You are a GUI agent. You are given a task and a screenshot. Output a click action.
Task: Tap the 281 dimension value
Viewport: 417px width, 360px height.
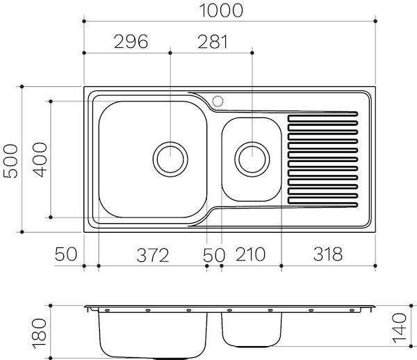click(x=213, y=42)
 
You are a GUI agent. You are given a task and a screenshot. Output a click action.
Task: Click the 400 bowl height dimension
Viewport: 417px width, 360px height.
click(x=40, y=159)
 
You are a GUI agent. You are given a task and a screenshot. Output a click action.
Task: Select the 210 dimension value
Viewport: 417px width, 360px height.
click(x=250, y=254)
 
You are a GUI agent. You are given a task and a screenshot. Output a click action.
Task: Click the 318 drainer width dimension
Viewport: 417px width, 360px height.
click(x=327, y=254)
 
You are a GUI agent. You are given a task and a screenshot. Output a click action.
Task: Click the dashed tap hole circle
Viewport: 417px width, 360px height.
click(x=218, y=101)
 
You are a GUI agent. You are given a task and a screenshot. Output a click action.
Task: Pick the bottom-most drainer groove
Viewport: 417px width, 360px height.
click(x=323, y=202)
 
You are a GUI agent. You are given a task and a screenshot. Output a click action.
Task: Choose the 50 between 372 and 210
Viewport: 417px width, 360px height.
click(x=214, y=254)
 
